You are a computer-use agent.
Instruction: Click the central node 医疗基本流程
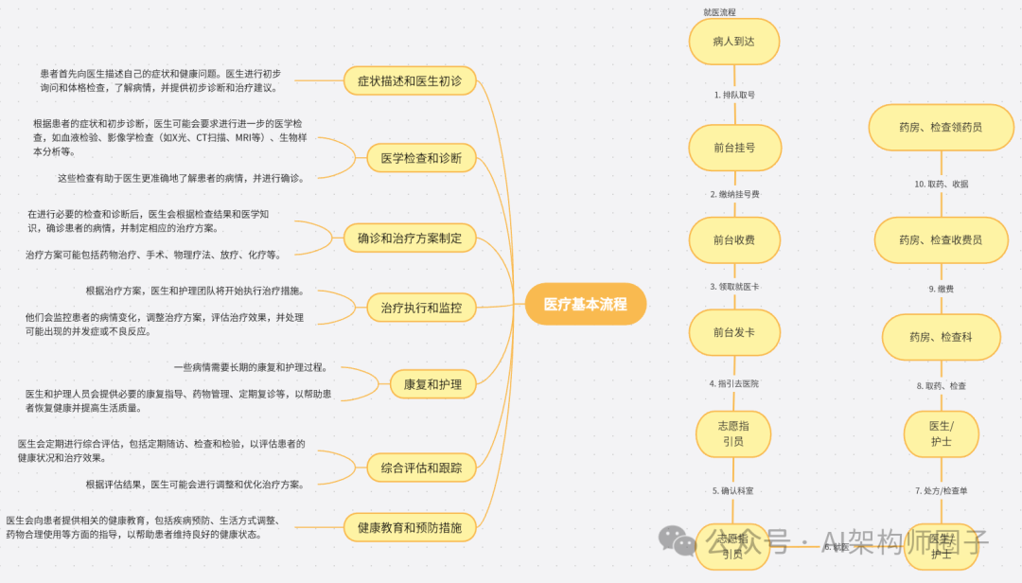pyautogui.click(x=585, y=304)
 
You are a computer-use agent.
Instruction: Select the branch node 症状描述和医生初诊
pyautogui.click(x=410, y=81)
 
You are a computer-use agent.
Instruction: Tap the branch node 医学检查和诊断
pyautogui.click(x=421, y=158)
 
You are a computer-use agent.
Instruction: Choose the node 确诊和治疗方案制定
pyautogui.click(x=410, y=238)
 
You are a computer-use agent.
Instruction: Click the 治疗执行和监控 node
pyautogui.click(x=421, y=308)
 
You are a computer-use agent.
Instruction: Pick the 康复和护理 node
pyautogui.click(x=432, y=384)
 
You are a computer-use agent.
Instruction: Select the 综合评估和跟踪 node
pyautogui.click(x=421, y=467)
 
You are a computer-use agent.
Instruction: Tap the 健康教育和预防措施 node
pyautogui.click(x=410, y=527)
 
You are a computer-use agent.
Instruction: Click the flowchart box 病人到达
pyautogui.click(x=733, y=42)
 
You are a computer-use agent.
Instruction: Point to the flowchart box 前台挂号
pyautogui.click(x=733, y=148)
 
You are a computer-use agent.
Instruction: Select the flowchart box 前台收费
pyautogui.click(x=733, y=240)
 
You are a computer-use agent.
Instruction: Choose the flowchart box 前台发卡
pyautogui.click(x=733, y=333)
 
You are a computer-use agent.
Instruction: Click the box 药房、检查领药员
pyautogui.click(x=941, y=127)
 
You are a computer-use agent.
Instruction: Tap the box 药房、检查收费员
pyautogui.click(x=941, y=240)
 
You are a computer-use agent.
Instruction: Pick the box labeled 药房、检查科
pyautogui.click(x=941, y=337)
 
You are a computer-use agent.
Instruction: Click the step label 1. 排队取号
pyautogui.click(x=734, y=95)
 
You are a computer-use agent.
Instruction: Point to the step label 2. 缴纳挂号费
pyautogui.click(x=734, y=194)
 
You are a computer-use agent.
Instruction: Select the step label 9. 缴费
pyautogui.click(x=941, y=289)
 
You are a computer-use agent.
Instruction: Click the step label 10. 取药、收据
pyautogui.click(x=941, y=184)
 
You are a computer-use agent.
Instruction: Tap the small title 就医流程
pyautogui.click(x=719, y=12)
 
